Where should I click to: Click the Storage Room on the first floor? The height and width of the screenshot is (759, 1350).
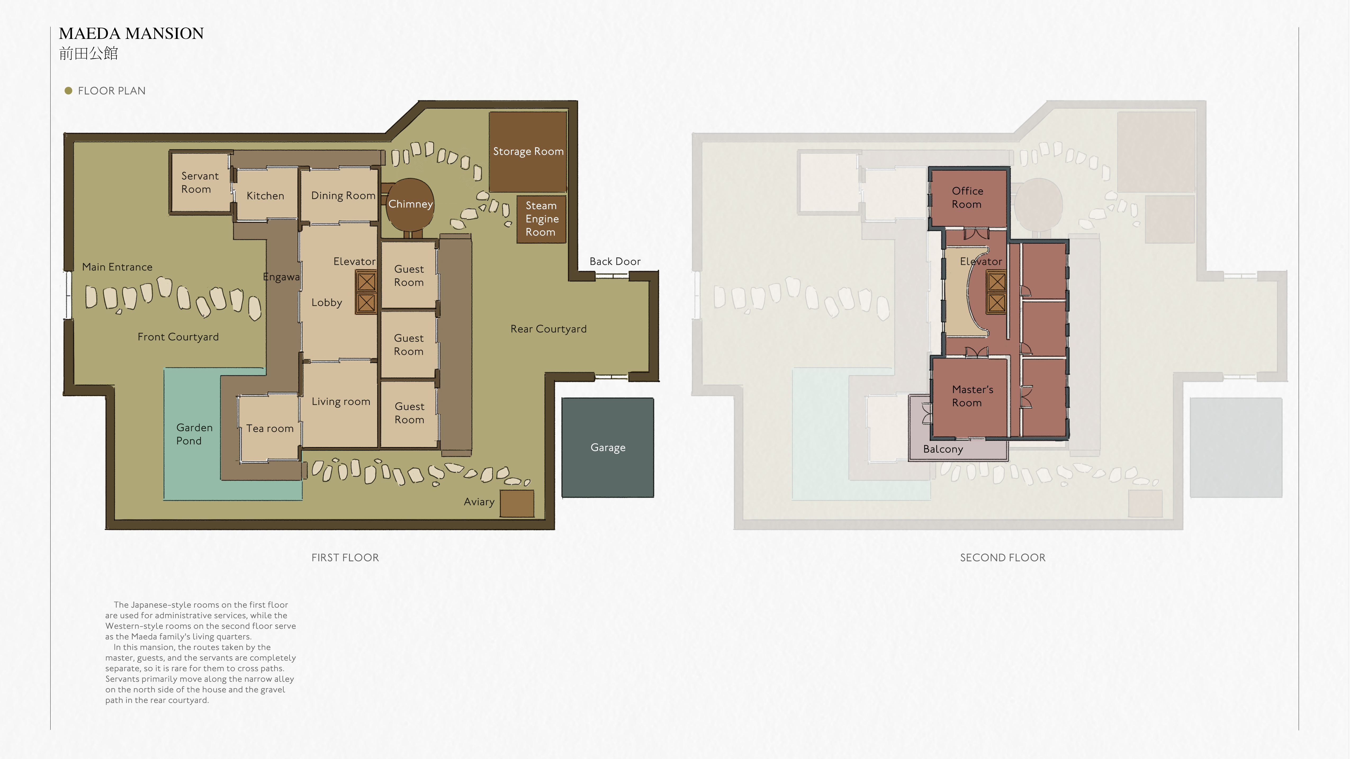[528, 151]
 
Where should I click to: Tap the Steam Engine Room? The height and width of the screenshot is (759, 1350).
[541, 219]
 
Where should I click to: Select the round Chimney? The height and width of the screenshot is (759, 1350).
[410, 204]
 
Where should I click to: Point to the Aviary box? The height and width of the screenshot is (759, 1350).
[517, 503]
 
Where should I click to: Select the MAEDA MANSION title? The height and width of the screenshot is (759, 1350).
[131, 34]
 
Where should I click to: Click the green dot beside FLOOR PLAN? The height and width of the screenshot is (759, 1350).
[68, 91]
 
